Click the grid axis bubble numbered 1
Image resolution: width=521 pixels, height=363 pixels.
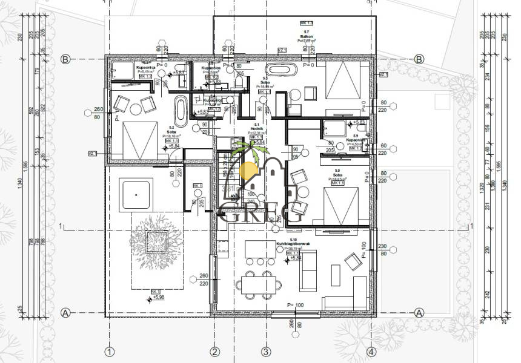tap(110, 352)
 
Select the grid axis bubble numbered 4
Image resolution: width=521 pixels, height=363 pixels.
tap(371, 352)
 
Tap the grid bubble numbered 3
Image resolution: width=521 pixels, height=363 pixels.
tap(265, 352)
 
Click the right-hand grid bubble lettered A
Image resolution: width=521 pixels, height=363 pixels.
tap(419, 313)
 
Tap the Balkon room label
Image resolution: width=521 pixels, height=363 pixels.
tap(307, 37)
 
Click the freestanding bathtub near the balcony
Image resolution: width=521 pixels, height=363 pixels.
tap(281, 69)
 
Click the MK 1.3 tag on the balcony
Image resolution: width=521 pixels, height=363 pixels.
tap(307, 22)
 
